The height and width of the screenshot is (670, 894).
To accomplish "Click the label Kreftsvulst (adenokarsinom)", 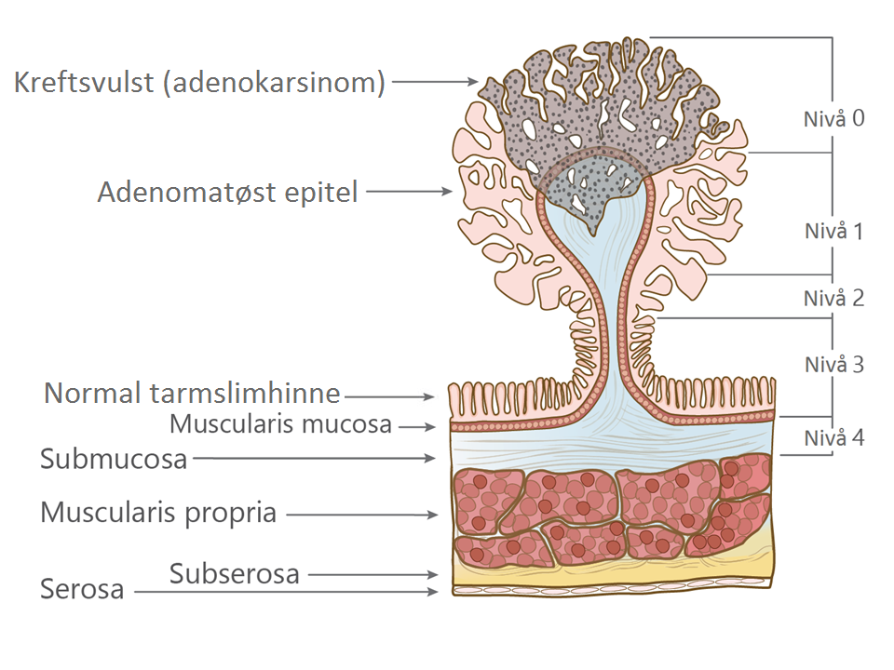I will coord(199,83).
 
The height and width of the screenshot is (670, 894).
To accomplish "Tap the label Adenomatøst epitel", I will coord(228,194).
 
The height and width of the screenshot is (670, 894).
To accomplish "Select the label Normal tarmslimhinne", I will coord(192,394).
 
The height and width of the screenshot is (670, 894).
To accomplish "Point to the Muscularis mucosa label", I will coord(280,425).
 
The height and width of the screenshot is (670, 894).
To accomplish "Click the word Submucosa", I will coord(114,459).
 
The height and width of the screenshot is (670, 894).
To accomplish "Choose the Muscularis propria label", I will coord(158,513).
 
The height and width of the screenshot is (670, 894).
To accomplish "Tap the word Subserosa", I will coord(235,574).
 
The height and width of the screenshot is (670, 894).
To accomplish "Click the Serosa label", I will coord(82,590).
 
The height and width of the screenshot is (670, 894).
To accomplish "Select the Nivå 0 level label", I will coord(834,118).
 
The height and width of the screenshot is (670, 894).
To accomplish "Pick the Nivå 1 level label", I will coord(834,231).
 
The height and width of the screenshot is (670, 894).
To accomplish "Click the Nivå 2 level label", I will coord(834,299).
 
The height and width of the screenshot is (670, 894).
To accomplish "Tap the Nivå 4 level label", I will coord(834,436).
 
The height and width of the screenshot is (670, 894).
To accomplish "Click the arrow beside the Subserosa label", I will coord(372,575).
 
